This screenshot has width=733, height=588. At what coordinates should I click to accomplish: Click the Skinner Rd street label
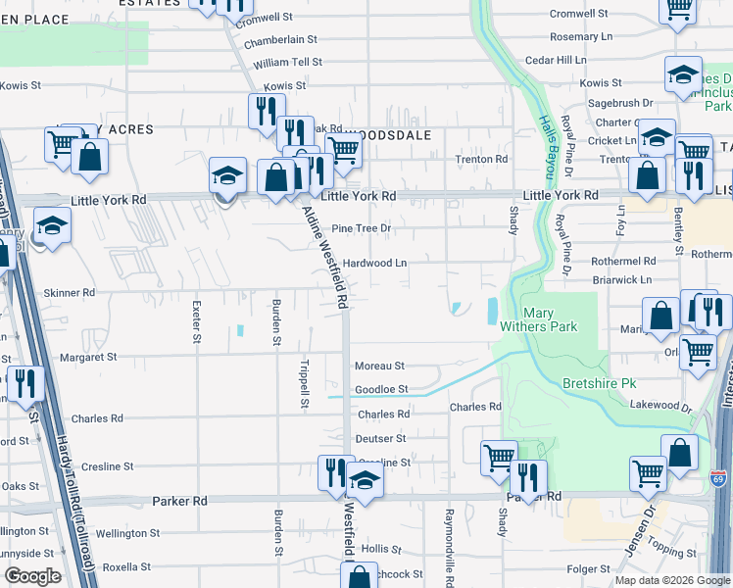click(74, 292)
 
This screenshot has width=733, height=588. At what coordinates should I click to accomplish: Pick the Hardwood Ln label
click(374, 264)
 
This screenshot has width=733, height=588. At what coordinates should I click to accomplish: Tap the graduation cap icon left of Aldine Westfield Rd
click(227, 177)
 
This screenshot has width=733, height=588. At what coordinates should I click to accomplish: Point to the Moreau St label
click(379, 366)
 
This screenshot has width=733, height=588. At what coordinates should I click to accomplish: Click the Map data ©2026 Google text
click(671, 580)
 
